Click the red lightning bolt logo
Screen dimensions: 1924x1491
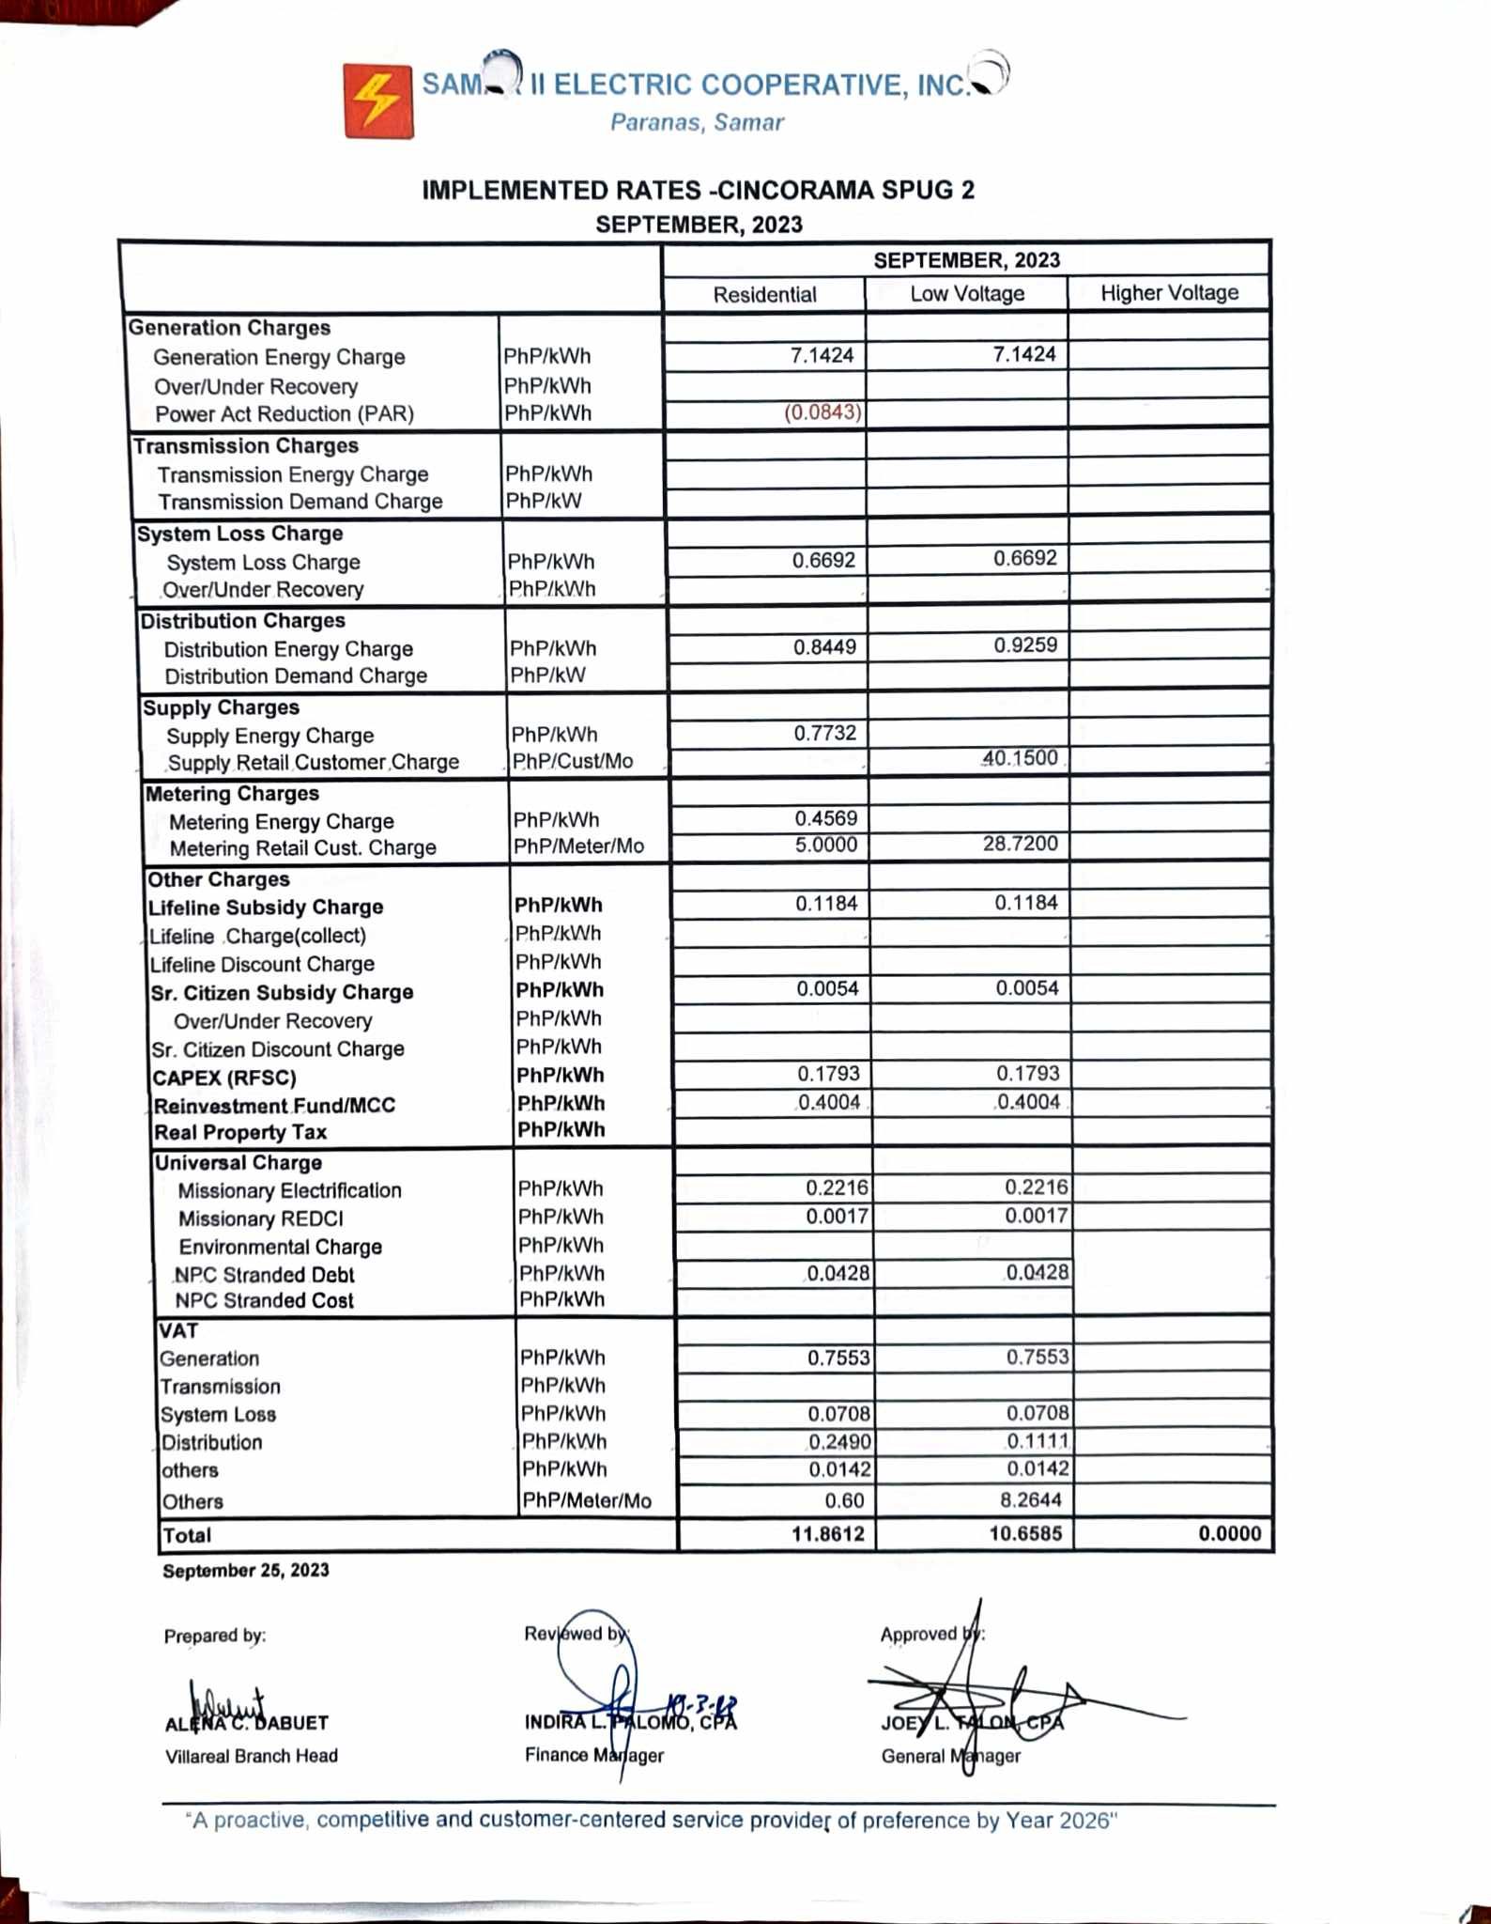click(x=378, y=101)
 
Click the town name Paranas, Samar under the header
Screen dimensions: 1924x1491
click(x=697, y=122)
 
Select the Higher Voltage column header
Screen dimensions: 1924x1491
click(x=1169, y=293)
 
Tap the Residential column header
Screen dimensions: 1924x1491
click(x=764, y=295)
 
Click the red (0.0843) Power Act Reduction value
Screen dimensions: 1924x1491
click(x=822, y=412)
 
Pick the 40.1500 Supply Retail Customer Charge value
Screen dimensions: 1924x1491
click(x=1020, y=758)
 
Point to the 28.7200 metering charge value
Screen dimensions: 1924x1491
click(x=1020, y=844)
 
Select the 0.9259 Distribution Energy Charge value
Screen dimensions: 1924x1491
click(x=1025, y=645)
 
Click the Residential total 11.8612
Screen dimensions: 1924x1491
click(x=826, y=1534)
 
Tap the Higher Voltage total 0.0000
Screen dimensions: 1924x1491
click(x=1229, y=1534)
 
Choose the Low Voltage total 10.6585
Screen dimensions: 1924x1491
click(x=1024, y=1534)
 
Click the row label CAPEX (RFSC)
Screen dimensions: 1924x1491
click(x=224, y=1078)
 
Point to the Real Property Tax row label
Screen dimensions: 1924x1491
click(x=240, y=1132)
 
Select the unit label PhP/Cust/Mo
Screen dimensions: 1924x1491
click(x=573, y=761)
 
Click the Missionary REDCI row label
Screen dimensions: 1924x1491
click(x=261, y=1218)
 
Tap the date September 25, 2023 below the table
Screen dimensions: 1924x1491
click(x=246, y=1571)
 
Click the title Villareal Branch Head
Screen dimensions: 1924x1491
click(x=252, y=1756)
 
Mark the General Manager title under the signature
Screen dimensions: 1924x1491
click(x=950, y=1756)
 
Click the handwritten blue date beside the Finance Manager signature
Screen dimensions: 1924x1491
click(x=701, y=1704)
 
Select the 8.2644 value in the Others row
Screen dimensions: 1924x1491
click(x=1032, y=1500)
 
